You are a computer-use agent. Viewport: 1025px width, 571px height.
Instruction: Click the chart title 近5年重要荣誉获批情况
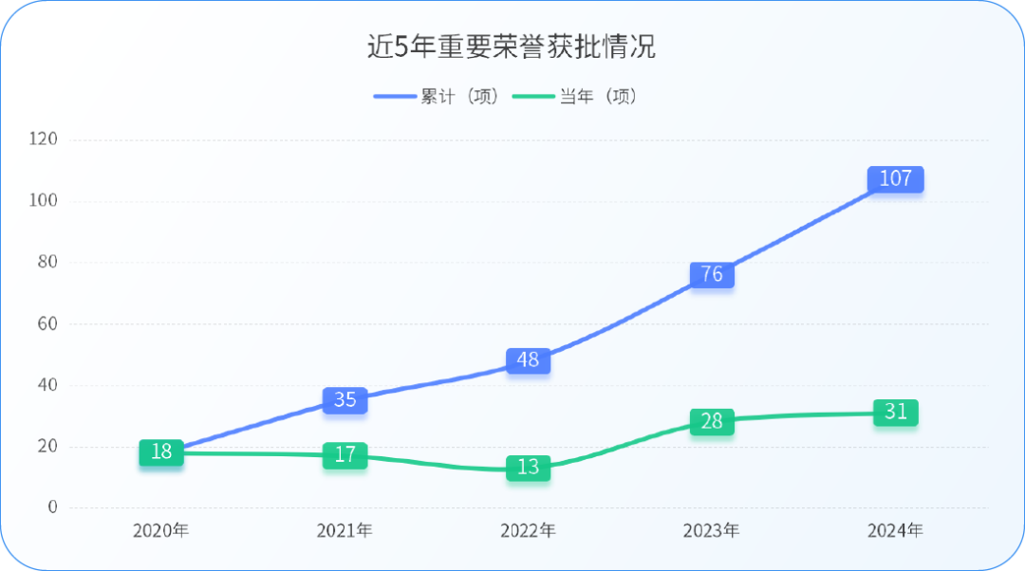tap(512, 47)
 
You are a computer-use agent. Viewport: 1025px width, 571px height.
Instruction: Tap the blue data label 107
tap(895, 178)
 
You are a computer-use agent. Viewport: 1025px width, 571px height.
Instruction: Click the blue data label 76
tap(712, 275)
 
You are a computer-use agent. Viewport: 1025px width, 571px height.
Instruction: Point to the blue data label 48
tap(528, 360)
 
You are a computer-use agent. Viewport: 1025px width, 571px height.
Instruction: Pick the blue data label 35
tap(345, 400)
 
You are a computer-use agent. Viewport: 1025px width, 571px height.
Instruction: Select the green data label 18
tap(161, 452)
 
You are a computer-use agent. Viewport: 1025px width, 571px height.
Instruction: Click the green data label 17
tap(345, 455)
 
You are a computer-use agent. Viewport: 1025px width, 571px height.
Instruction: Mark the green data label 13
tap(528, 468)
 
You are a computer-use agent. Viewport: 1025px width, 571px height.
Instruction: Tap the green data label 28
tap(712, 422)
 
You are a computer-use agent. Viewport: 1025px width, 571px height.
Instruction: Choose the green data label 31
tap(895, 413)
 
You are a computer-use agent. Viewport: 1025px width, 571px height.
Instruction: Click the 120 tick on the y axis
tap(44, 139)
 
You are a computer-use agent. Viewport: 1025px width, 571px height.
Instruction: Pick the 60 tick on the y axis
tap(47, 323)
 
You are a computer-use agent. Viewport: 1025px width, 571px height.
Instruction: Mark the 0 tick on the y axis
tap(52, 507)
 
